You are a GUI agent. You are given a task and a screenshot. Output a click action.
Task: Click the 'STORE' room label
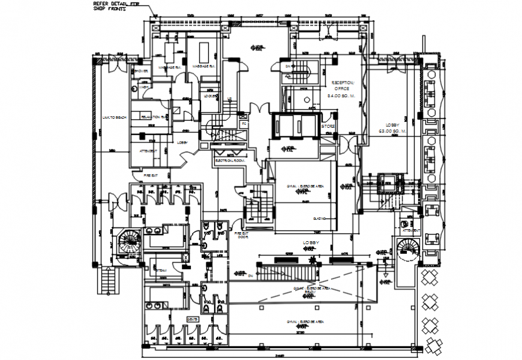coord(327,127)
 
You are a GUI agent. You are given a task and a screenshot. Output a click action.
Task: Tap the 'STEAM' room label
coord(160,271)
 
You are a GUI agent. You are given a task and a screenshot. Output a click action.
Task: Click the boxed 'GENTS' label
coord(193,319)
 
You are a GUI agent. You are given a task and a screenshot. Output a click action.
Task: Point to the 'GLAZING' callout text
coord(319,220)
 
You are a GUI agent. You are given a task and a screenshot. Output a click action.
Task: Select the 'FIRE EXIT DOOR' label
coord(242,235)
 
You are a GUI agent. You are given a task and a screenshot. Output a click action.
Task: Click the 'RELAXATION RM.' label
coord(153,116)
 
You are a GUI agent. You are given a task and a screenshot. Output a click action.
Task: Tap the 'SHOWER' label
coord(142,71)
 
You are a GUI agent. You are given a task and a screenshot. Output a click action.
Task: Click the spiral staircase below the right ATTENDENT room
coord(404,248)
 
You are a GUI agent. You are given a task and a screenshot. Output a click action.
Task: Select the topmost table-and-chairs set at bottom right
coord(431,277)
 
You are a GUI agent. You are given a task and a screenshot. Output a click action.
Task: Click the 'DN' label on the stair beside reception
coord(287,66)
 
